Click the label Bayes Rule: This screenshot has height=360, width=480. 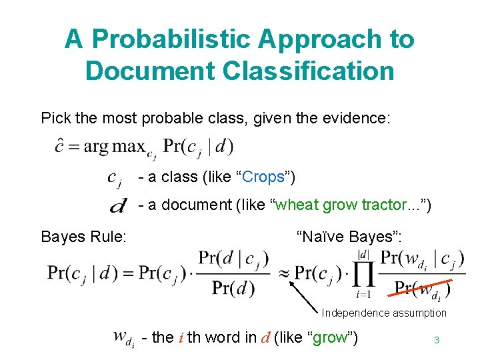click(x=83, y=236)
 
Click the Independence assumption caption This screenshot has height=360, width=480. click(x=384, y=313)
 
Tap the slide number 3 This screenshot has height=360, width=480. click(x=437, y=340)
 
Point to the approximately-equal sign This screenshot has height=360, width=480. click(x=283, y=273)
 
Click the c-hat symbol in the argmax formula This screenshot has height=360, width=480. click(x=60, y=145)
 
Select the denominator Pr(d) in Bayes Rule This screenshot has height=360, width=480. click(x=233, y=288)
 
